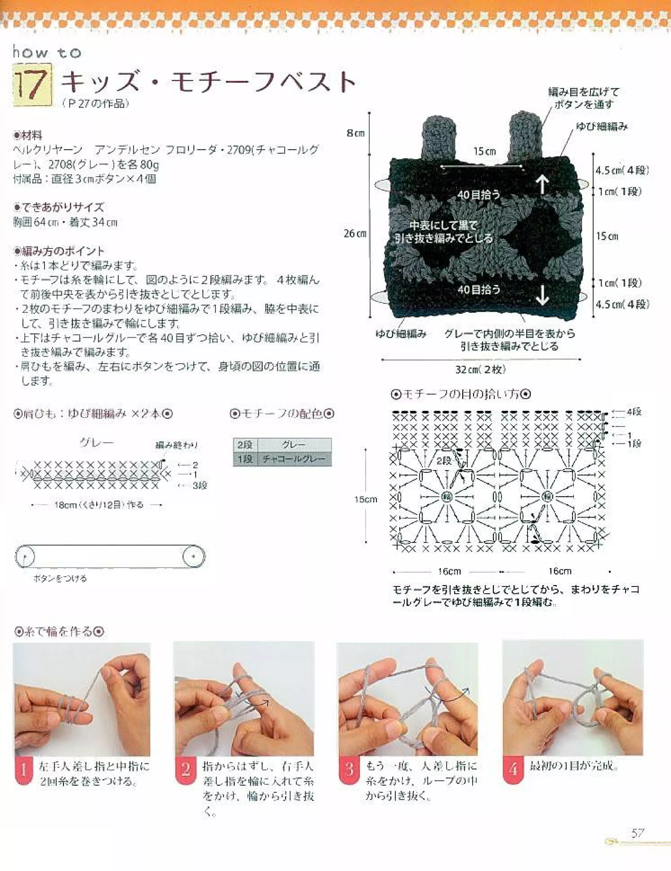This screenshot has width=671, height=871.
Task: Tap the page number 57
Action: (638, 833)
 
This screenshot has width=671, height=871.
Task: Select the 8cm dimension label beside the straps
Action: (355, 133)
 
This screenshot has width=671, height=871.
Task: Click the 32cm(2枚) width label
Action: (481, 370)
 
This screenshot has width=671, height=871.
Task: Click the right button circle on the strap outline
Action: (194, 556)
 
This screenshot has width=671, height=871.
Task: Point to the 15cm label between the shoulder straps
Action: (484, 152)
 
